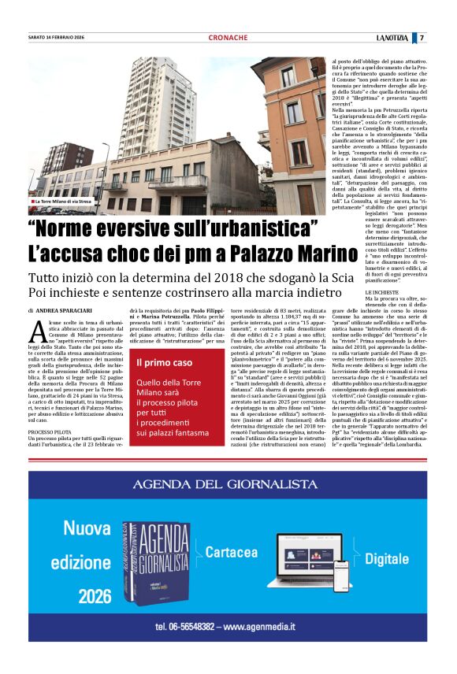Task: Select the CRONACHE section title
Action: [x=228, y=38]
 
